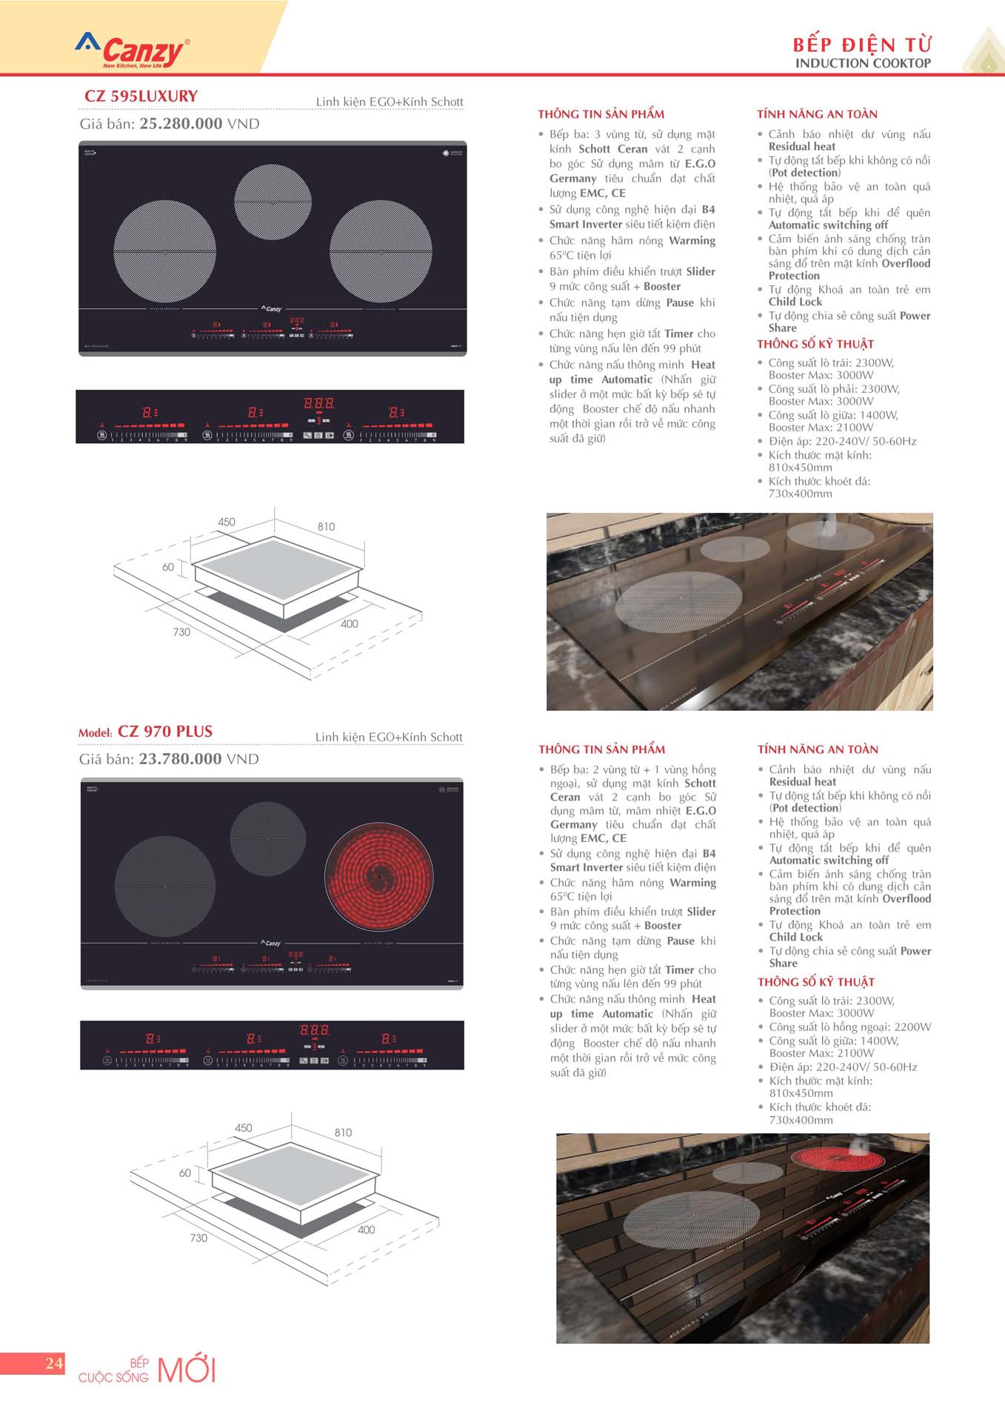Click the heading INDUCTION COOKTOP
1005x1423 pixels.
[863, 64]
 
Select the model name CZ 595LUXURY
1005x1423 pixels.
[141, 96]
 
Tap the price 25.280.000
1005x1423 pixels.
[181, 124]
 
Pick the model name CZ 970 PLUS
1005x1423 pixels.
[164, 732]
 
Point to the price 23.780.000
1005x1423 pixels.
[180, 759]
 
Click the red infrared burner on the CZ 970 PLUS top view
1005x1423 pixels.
[379, 876]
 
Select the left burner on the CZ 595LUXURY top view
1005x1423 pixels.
[165, 251]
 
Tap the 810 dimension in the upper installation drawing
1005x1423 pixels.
[326, 527]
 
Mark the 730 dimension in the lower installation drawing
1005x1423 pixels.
[198, 1238]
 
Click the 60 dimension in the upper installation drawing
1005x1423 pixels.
[168, 567]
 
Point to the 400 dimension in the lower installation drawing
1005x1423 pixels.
[366, 1230]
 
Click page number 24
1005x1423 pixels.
[54, 1363]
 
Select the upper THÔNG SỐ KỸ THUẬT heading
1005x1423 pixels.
[815, 344]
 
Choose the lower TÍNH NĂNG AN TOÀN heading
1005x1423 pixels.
[818, 749]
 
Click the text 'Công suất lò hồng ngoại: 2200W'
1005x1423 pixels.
[850, 1026]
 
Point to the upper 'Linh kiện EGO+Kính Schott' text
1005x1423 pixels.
[390, 102]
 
